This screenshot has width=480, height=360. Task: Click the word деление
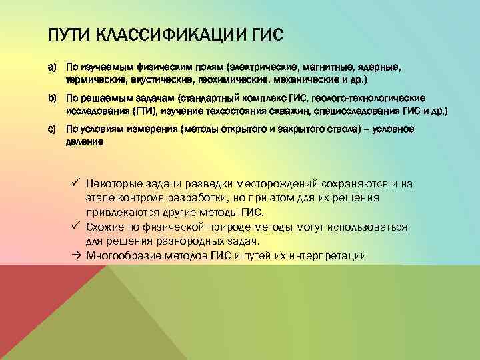coord(84,140)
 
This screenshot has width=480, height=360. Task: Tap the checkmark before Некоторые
coord(77,183)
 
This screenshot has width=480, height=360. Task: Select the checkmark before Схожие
coord(77,227)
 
